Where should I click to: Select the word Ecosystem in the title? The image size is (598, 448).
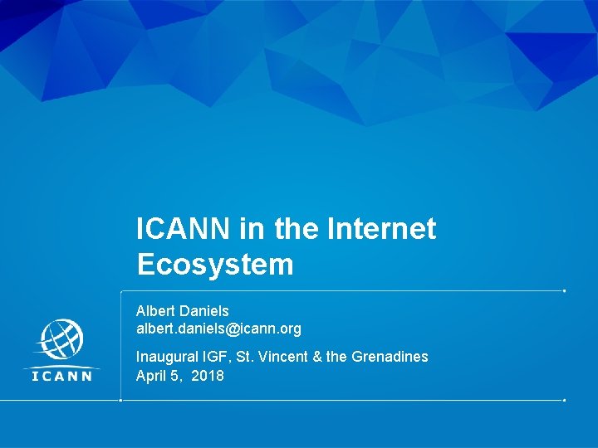215,265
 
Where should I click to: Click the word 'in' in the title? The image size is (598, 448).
250,229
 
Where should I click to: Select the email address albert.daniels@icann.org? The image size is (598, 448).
218,329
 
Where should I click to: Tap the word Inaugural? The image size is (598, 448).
167,357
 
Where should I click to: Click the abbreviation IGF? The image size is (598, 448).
215,357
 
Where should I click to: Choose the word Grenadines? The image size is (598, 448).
390,357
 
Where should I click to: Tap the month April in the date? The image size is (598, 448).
152,376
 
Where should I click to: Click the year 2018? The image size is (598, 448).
208,376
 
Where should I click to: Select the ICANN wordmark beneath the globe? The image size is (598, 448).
61,374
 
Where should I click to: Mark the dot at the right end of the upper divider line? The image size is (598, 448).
565,291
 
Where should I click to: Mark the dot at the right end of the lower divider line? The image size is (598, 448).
565,401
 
